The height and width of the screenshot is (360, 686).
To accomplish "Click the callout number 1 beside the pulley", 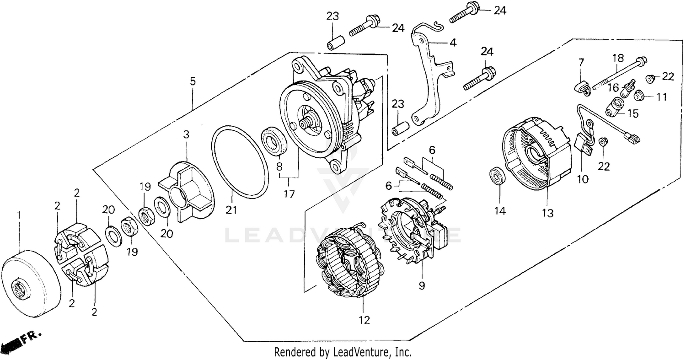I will (19, 215).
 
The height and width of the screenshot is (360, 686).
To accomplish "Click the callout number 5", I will (193, 81).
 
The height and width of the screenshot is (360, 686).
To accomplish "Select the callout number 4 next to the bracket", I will (452, 43).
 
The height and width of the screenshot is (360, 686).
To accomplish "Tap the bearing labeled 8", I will (274, 142).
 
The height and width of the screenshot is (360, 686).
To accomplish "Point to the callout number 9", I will (421, 286).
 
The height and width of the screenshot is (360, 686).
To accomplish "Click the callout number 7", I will (581, 62).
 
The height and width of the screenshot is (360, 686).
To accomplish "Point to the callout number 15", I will (632, 113).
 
